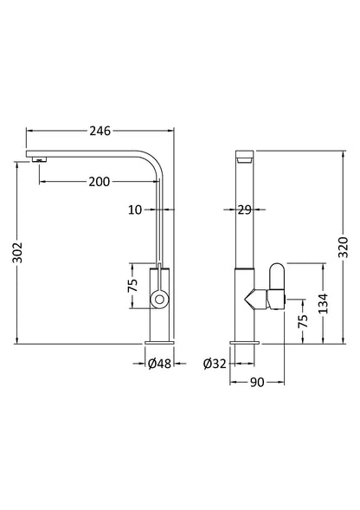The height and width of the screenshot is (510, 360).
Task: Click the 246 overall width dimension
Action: point(100,131)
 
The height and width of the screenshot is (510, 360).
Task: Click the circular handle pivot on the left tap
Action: point(159,300)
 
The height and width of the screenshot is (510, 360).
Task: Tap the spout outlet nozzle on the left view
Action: point(37,158)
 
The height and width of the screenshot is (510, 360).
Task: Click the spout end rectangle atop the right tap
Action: point(245,158)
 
